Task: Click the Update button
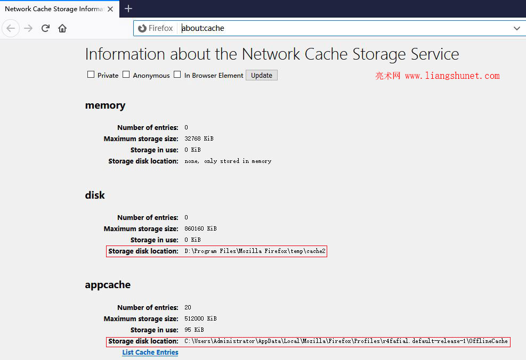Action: [261, 75]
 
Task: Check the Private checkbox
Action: [91, 75]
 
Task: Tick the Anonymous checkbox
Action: [126, 75]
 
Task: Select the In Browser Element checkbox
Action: [177, 75]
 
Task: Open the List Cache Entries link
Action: [150, 353]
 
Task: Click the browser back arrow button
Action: [11, 28]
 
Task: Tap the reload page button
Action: [45, 28]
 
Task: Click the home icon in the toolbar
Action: [62, 28]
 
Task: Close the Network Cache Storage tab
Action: [110, 9]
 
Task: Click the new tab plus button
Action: [128, 9]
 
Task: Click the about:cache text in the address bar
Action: [203, 28]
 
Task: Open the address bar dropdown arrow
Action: [516, 29]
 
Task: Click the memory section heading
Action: [105, 105]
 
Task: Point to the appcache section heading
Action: [108, 285]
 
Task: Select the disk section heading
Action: [95, 195]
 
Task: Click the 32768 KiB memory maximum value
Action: [199, 138]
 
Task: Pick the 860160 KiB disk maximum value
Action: [200, 228]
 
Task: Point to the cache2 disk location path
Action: [255, 251]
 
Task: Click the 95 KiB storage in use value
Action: [194, 330]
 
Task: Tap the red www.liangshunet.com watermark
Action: [452, 76]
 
